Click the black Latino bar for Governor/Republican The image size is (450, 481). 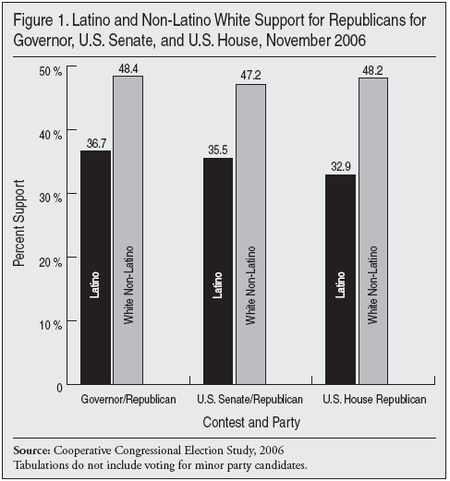pos(96,267)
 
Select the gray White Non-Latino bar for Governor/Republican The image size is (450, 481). pos(128,230)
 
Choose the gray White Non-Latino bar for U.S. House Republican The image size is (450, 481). pos(373,231)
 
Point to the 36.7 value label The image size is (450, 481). pos(96,142)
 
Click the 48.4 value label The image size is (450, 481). pos(128,68)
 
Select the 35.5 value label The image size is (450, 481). pos(218,150)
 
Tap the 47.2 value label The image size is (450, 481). pos(250,76)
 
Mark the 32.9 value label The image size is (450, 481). pos(340,166)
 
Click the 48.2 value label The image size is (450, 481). pos(373,69)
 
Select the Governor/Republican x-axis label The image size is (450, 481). pos(113,400)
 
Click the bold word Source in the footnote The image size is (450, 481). pos(31,450)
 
